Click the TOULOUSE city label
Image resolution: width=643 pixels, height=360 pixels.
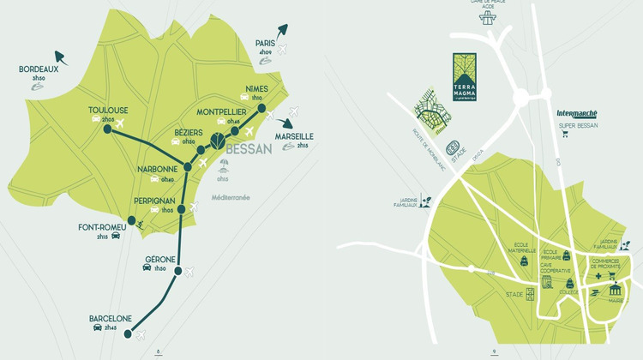click(108, 110)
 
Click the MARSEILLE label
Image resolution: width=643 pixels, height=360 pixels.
click(294, 136)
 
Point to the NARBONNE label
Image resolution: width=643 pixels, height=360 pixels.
click(157, 169)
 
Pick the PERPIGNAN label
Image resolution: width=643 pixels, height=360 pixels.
click(153, 200)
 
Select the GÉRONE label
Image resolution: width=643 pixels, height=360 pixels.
click(160, 259)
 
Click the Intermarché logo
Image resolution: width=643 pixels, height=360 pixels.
click(576, 112)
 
